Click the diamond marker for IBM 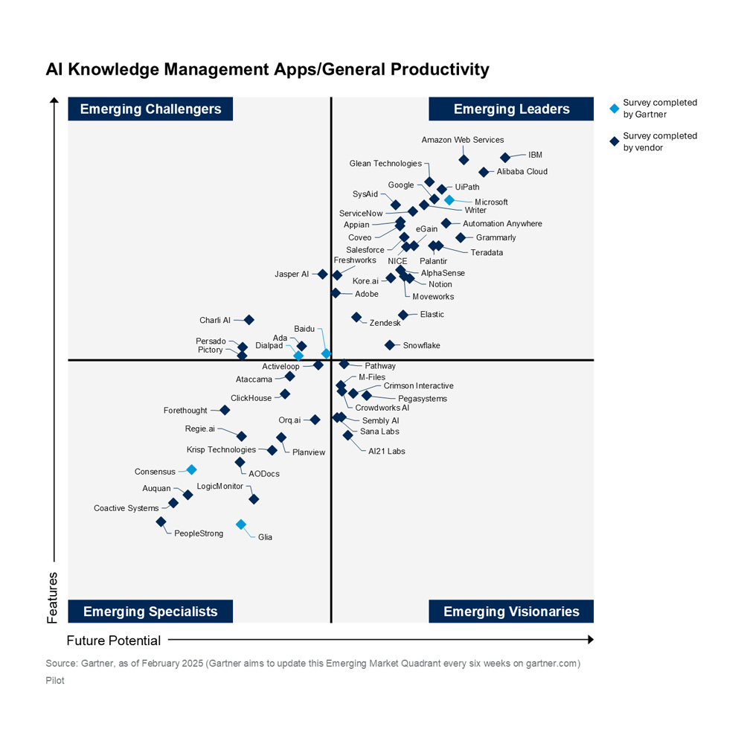(505, 157)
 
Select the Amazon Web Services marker (464, 159)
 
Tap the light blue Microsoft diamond (449, 199)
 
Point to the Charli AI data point (249, 320)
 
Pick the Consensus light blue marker (191, 469)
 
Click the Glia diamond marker (240, 525)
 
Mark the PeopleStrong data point (161, 522)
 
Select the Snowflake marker (389, 344)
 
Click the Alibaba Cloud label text (522, 172)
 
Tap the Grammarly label (496, 238)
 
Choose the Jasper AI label (292, 275)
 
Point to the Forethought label (185, 411)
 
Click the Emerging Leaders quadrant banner (511, 109)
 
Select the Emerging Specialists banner (150, 612)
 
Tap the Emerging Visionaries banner (511, 612)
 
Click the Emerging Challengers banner (150, 109)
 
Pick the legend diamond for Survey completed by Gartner (615, 108)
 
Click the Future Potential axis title (114, 641)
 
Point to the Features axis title (53, 597)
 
